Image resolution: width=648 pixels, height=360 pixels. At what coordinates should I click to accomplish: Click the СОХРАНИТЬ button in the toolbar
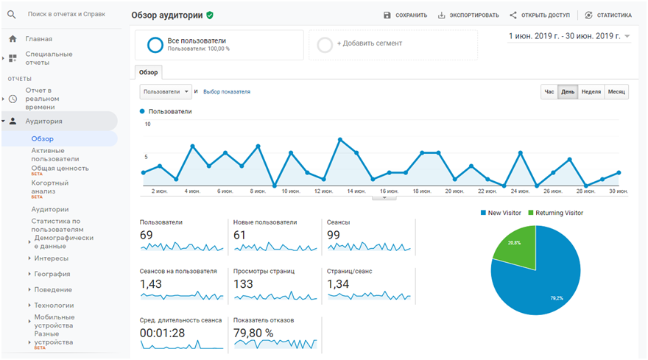(x=406, y=15)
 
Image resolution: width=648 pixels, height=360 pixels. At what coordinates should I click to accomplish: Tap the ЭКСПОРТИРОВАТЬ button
(x=468, y=15)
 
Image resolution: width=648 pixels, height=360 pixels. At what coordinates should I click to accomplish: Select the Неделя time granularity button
(x=591, y=92)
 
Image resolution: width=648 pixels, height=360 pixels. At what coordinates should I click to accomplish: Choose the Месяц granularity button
(x=616, y=92)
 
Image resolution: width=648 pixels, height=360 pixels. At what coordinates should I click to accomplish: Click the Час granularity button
(x=549, y=92)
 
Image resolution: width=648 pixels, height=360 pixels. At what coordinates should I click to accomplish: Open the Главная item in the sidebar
(x=38, y=38)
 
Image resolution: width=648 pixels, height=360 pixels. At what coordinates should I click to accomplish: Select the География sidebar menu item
(x=52, y=274)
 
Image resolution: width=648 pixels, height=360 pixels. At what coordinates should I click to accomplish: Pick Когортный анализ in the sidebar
(x=50, y=187)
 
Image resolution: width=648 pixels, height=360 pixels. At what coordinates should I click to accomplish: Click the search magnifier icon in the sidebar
(x=12, y=14)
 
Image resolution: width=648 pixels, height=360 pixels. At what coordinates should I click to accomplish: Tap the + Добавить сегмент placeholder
(x=369, y=44)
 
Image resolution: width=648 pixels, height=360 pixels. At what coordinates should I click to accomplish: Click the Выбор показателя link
(x=227, y=92)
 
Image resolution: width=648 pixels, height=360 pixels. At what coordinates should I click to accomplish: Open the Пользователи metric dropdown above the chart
(x=166, y=92)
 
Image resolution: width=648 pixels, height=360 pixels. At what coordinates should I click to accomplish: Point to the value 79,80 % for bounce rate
(x=253, y=333)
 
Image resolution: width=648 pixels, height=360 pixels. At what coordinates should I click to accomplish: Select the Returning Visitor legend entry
(x=558, y=213)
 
